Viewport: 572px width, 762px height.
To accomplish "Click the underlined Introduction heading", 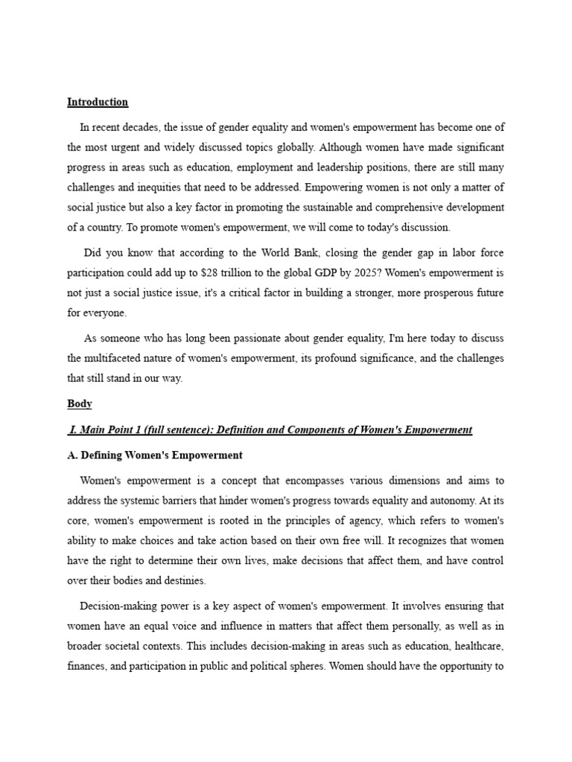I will [98, 102].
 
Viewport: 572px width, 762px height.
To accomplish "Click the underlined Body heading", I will [80, 404].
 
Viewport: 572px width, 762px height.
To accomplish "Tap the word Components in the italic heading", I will [317, 430].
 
